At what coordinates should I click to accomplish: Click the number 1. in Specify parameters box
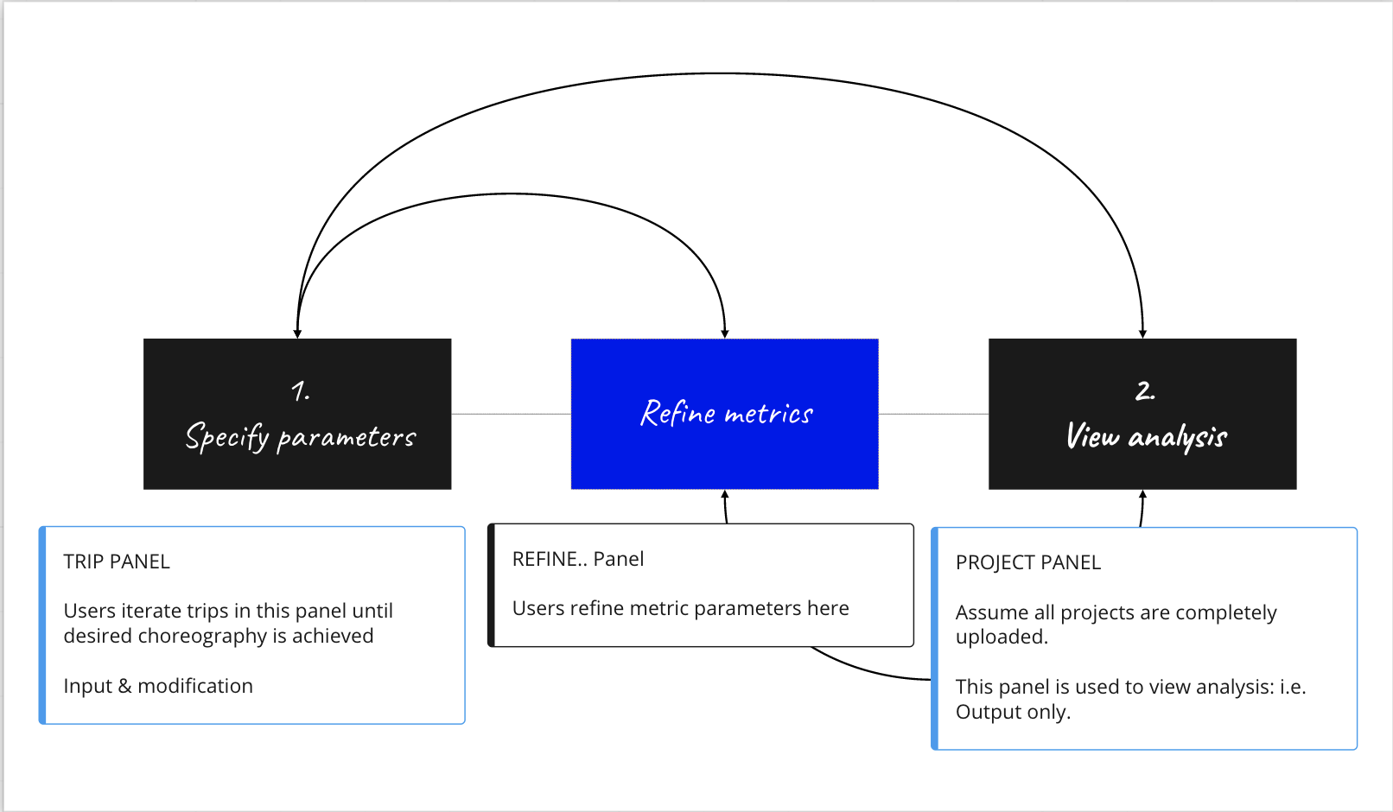click(300, 391)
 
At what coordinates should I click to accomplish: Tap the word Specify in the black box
click(227, 437)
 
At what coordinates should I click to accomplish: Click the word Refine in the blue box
click(677, 413)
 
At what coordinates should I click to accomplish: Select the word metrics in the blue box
click(768, 415)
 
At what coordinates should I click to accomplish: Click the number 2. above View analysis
click(1144, 391)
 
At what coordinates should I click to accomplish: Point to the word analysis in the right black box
click(1178, 437)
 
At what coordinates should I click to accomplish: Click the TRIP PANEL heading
click(117, 561)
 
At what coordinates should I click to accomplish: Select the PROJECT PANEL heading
click(1027, 562)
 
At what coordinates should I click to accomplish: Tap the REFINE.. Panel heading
click(577, 559)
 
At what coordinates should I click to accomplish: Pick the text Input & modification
click(158, 686)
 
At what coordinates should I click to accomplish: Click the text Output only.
click(1013, 712)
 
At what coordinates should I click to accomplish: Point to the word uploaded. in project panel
click(1002, 638)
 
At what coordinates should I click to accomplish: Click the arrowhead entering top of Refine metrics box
click(725, 333)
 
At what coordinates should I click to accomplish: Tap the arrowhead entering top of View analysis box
click(1142, 333)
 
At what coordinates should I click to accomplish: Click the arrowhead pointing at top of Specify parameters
click(297, 333)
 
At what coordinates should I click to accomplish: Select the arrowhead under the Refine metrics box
click(725, 495)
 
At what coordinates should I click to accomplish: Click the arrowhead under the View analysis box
click(1142, 495)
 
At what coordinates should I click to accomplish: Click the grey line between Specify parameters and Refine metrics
click(511, 414)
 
